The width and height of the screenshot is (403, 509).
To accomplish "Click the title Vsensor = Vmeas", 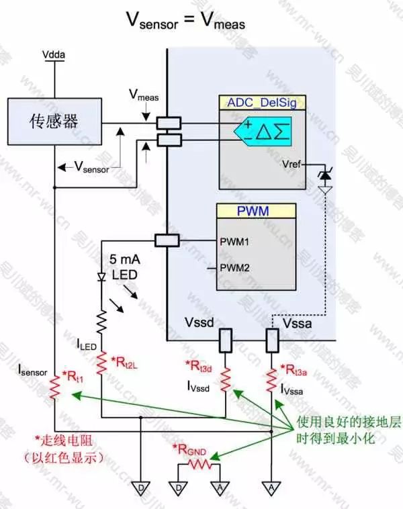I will coord(186,21).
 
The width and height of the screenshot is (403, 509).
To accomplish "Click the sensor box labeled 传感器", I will coord(53,120).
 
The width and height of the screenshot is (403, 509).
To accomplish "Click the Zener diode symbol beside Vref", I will coord(326,175).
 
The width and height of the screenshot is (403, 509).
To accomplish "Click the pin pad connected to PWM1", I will coord(167,240).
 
